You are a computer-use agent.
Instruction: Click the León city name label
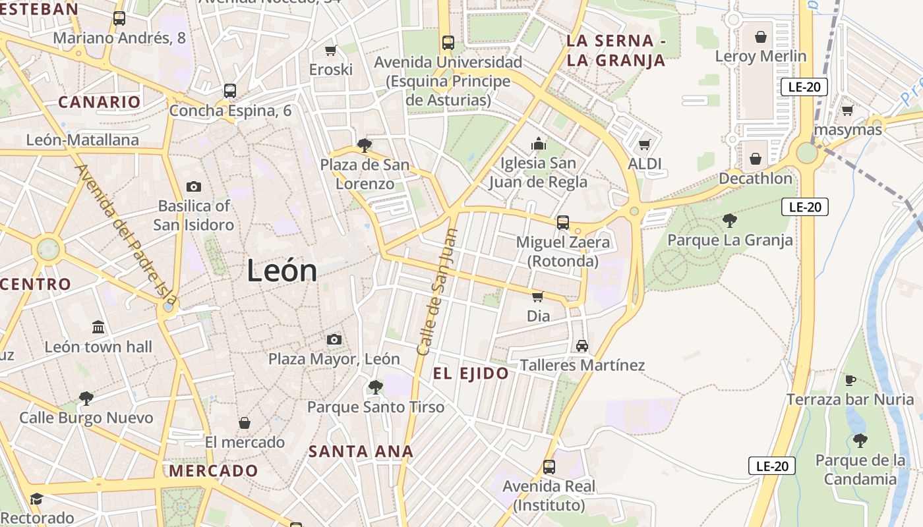(282, 271)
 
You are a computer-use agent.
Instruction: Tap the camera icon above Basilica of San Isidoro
(194, 186)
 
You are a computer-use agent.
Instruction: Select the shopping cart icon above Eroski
(331, 50)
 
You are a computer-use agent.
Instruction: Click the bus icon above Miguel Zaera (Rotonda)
(563, 223)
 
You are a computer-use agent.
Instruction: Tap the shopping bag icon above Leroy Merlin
(761, 37)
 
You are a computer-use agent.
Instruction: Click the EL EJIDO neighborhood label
(471, 374)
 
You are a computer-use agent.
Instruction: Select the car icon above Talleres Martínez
(581, 345)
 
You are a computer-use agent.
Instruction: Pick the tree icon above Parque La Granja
(729, 220)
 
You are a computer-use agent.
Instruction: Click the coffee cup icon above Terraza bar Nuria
(850, 380)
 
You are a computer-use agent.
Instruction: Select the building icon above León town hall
(98, 327)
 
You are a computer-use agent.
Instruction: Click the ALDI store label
(645, 164)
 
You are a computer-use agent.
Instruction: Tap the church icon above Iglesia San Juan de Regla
(539, 144)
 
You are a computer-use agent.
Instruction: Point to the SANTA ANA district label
(361, 452)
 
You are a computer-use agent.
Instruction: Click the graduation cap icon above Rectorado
(36, 499)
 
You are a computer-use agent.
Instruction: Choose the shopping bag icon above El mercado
(245, 423)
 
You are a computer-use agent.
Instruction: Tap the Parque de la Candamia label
(860, 470)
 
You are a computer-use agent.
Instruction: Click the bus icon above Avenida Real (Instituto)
(549, 467)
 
